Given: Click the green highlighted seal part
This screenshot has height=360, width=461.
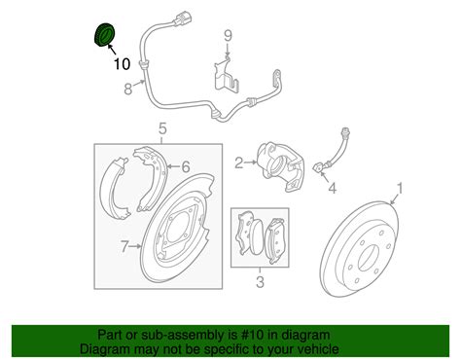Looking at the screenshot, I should pyautogui.click(x=102, y=34).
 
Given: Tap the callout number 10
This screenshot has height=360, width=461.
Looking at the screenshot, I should pyautogui.click(x=120, y=65).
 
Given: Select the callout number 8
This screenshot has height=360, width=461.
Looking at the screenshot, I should pyautogui.click(x=127, y=91).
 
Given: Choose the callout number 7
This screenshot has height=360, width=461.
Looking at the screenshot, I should pyautogui.click(x=124, y=248).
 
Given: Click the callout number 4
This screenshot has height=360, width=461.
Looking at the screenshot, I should pyautogui.click(x=332, y=188).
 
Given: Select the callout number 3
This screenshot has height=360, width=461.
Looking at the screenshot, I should pyautogui.click(x=258, y=283).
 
